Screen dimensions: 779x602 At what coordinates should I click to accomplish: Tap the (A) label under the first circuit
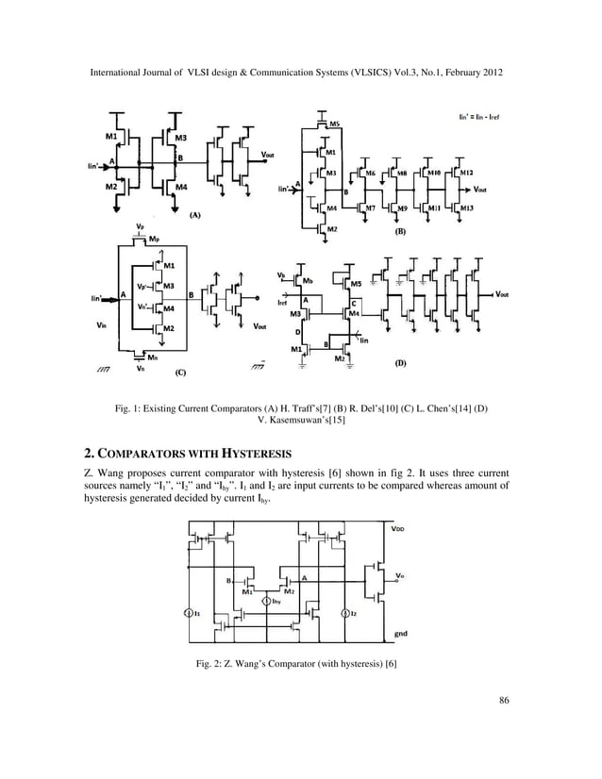tap(193, 215)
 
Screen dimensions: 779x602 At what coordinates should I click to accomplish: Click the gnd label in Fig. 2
tap(400, 634)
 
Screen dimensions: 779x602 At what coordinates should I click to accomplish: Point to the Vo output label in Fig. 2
tap(400, 575)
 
